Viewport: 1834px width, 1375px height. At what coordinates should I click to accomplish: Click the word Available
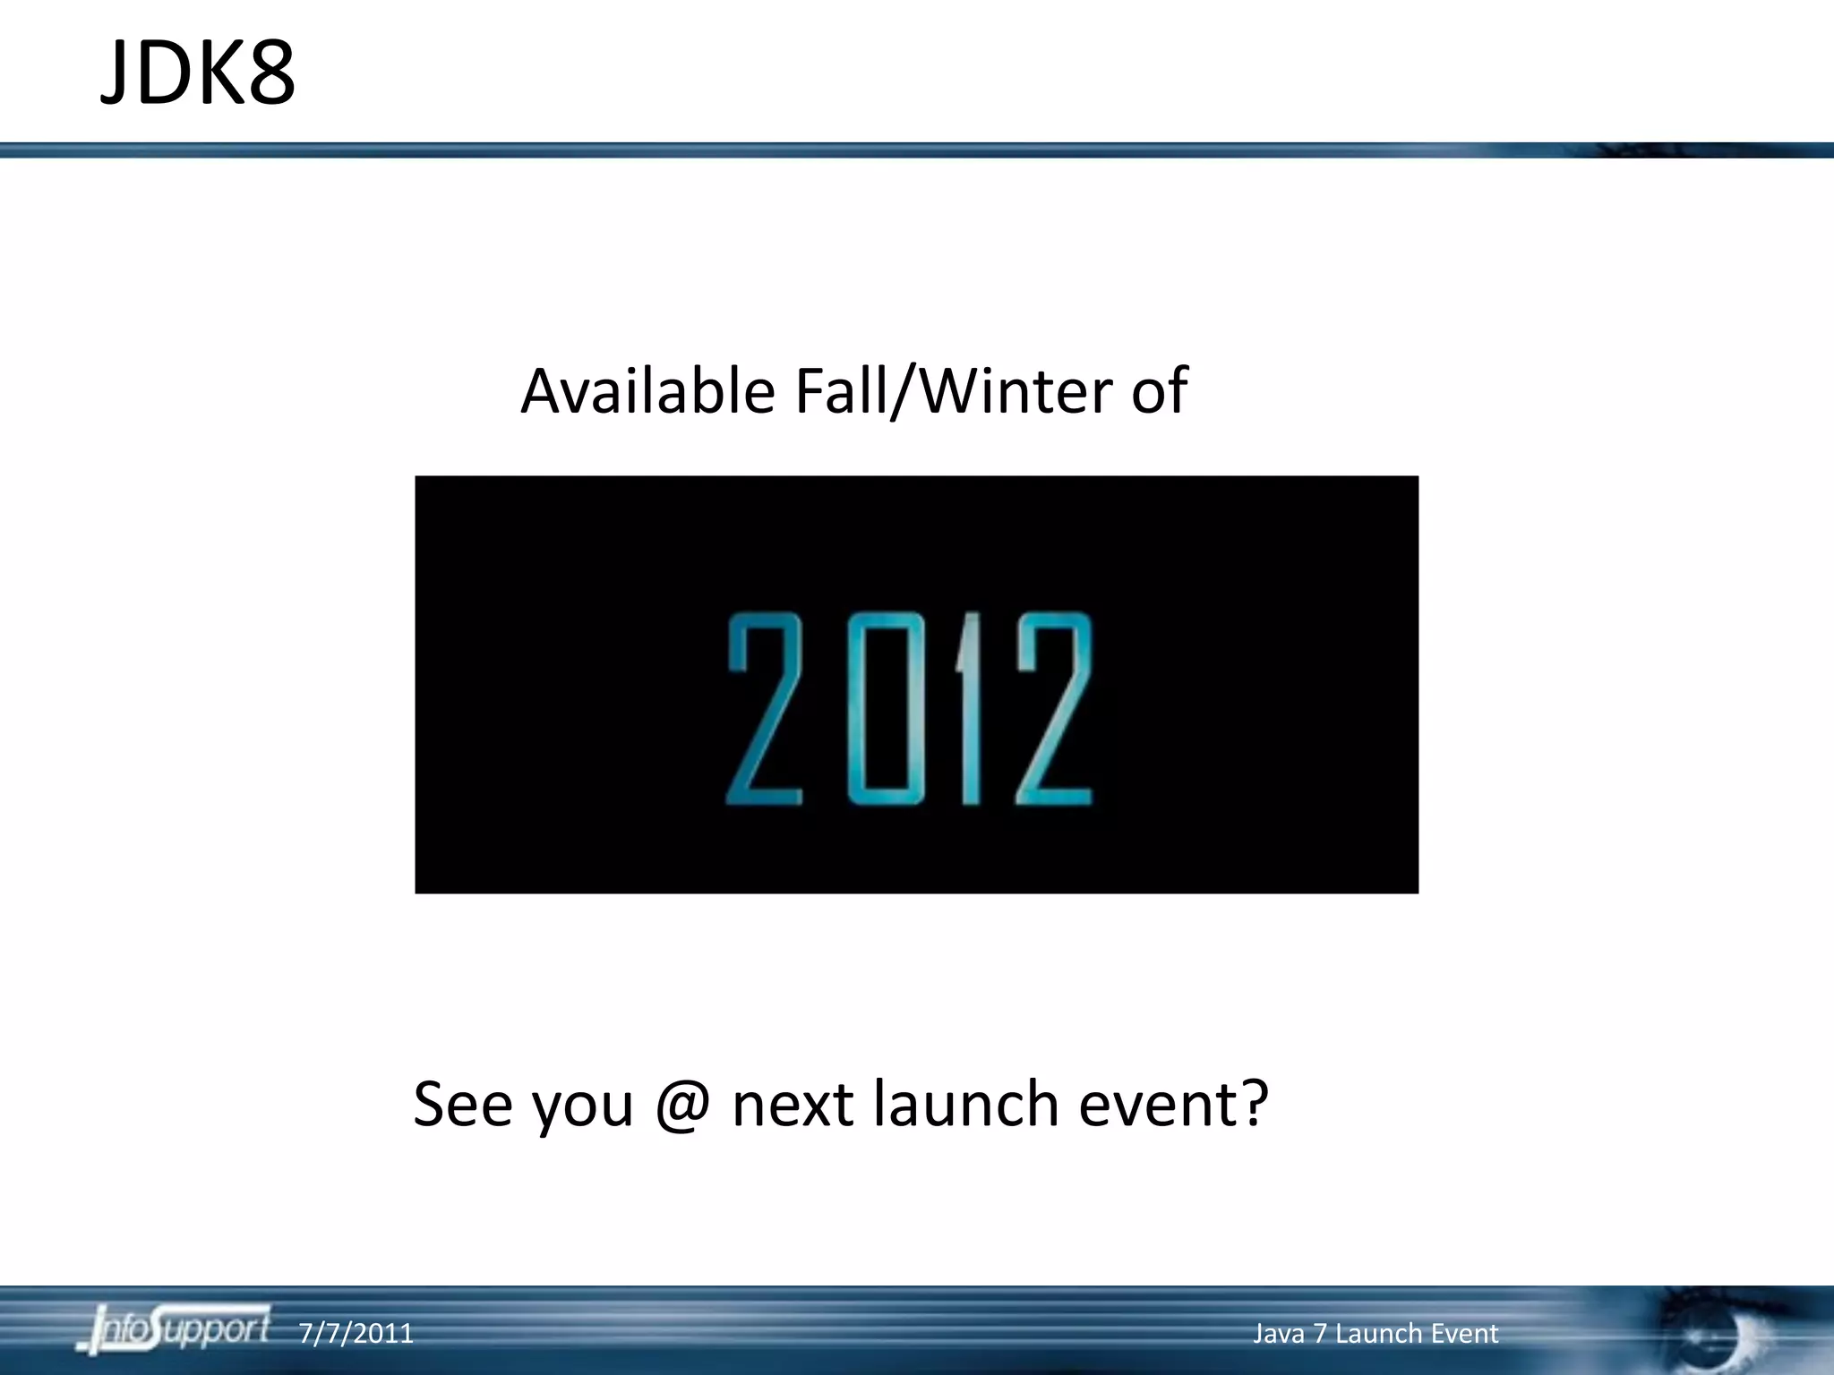tap(647, 391)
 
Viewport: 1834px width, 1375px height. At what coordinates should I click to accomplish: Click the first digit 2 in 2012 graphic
tap(764, 708)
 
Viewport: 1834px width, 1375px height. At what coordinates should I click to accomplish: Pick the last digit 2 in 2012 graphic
tap(1054, 708)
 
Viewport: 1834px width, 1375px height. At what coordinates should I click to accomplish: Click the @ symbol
tap(682, 1105)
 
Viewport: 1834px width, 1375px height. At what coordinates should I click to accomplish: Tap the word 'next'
tap(792, 1105)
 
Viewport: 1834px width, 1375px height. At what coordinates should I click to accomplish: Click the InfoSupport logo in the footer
tap(175, 1329)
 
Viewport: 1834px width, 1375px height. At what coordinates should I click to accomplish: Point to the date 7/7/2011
tap(356, 1334)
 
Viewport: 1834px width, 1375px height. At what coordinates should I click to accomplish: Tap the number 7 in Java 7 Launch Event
tap(1319, 1334)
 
